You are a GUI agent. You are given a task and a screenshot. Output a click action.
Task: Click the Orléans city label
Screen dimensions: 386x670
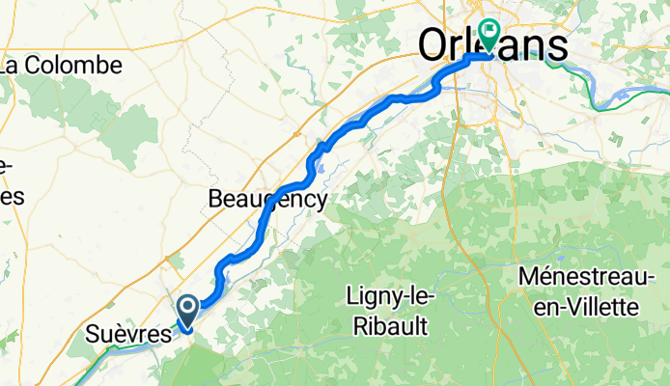tap(492, 44)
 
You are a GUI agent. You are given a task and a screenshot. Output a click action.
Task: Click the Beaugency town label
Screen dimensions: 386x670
tap(267, 200)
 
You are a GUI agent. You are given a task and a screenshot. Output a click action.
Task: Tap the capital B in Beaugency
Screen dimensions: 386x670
tap(215, 200)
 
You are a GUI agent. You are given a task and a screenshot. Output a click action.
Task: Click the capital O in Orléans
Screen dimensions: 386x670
tap(432, 44)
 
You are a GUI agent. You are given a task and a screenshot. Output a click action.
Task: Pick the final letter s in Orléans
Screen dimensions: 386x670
tap(558, 44)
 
